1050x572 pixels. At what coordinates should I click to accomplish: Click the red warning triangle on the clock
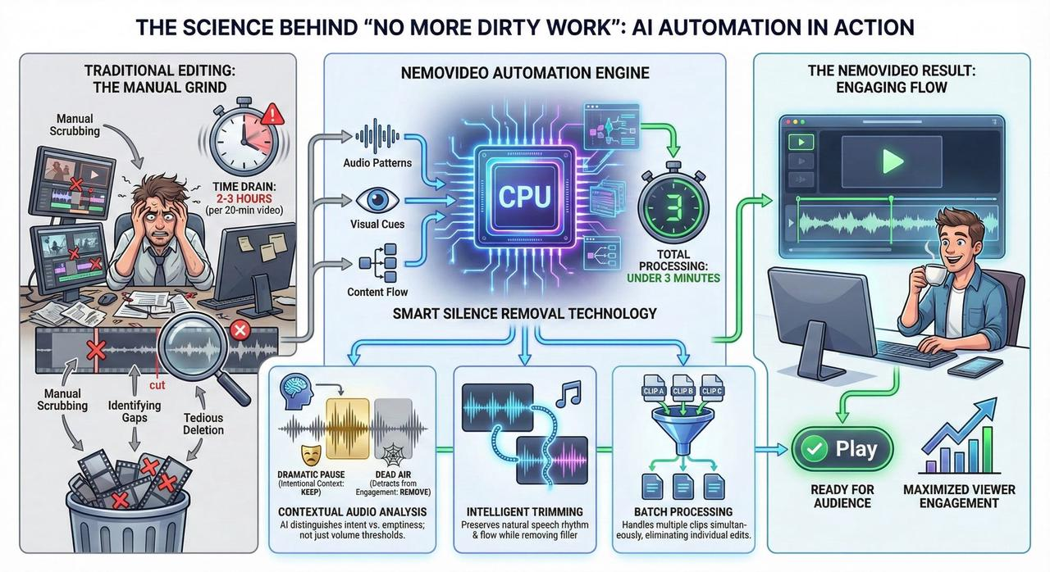click(275, 115)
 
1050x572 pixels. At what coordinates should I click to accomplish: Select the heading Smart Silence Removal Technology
click(524, 312)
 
